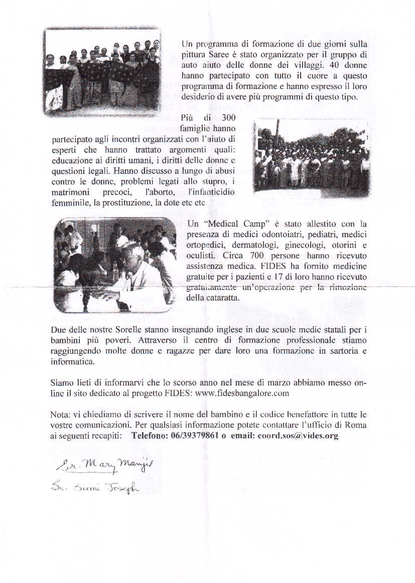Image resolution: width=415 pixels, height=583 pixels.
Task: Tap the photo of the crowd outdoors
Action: click(x=312, y=156)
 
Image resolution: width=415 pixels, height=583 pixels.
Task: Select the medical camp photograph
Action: click(x=115, y=265)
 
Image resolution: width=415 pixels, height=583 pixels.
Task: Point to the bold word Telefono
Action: click(x=148, y=436)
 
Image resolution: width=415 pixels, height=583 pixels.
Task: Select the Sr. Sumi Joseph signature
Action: click(x=95, y=487)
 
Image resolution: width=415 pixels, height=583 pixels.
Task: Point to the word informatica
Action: click(x=72, y=361)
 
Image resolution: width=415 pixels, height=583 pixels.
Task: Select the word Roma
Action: click(x=356, y=425)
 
